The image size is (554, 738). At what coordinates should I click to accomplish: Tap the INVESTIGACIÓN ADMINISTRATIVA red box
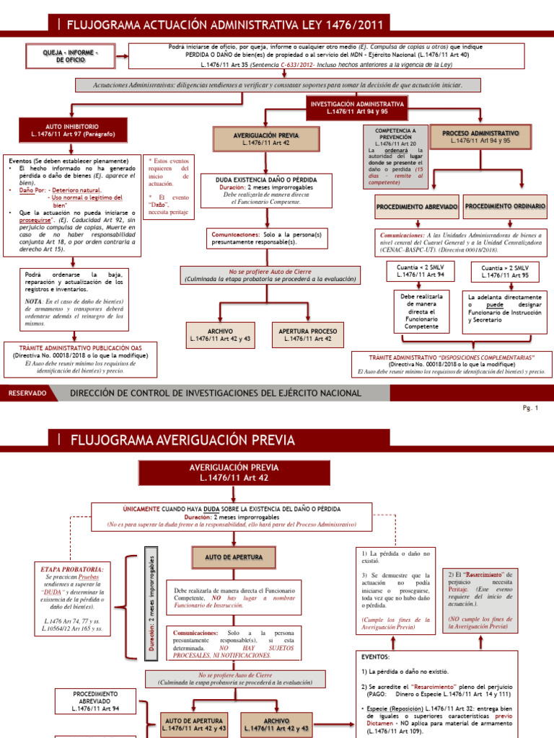pos(357,107)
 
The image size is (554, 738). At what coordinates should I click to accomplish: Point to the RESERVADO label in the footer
pos(27,393)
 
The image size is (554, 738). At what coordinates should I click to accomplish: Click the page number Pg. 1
pos(531,408)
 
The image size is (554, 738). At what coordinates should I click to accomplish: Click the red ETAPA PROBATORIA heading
pos(72,569)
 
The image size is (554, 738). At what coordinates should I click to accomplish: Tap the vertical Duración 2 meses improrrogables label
pos(152,597)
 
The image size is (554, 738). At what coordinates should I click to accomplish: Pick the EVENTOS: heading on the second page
pos(374,657)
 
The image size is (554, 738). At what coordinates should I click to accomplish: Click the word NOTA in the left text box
pos(32,301)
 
